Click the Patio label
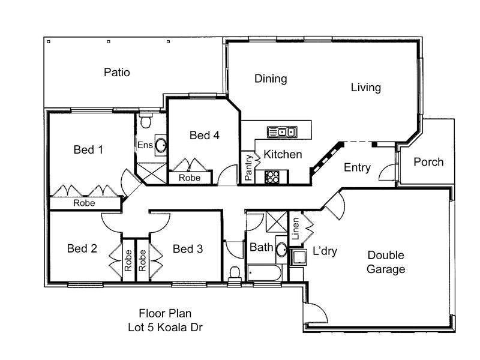[116, 73]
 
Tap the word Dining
[271, 79]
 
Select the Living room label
[365, 88]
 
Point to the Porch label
[428, 162]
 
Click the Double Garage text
[386, 262]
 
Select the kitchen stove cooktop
[272, 177]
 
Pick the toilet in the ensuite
[146, 122]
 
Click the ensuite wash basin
[160, 145]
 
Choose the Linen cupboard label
[295, 228]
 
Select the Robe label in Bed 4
[190, 178]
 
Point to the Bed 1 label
[88, 149]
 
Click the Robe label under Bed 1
[84, 203]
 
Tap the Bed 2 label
[82, 248]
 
